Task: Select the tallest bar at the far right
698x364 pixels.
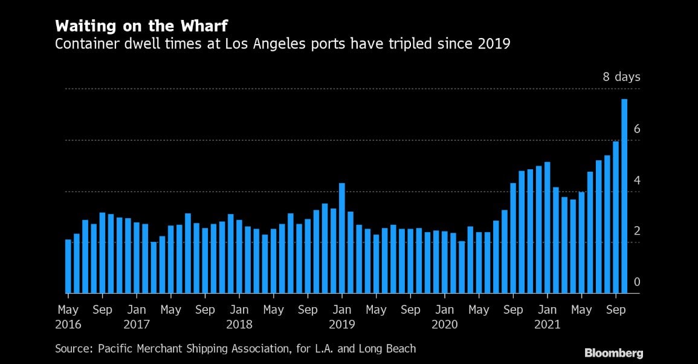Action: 624,197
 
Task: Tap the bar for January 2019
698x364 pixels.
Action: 342,238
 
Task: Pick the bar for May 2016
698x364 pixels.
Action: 68,267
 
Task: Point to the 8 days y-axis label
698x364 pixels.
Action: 621,77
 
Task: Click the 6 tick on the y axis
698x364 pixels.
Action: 636,129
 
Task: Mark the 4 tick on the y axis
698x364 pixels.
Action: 636,181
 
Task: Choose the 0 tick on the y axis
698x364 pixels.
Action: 636,282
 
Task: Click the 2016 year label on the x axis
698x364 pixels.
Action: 68,324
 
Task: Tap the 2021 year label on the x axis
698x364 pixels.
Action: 548,324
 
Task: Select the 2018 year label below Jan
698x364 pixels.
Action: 239,324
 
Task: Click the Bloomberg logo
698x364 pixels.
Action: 613,353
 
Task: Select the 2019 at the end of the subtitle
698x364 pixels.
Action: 495,44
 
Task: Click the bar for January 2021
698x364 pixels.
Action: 547,228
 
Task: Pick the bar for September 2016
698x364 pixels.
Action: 103,253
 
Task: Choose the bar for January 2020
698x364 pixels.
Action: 445,262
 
